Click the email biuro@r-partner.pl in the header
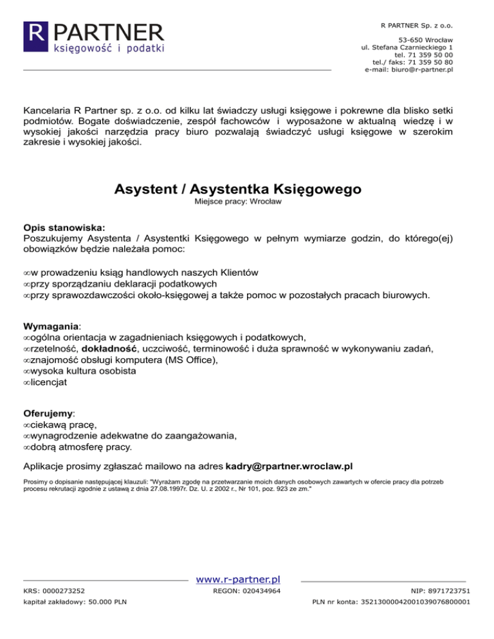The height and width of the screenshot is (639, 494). point(421,70)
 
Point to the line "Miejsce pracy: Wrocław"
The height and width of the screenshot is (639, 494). point(237,201)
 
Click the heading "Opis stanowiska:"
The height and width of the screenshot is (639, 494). point(64,227)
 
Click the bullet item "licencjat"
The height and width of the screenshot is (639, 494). point(48,382)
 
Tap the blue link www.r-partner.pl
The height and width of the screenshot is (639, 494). point(237,580)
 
